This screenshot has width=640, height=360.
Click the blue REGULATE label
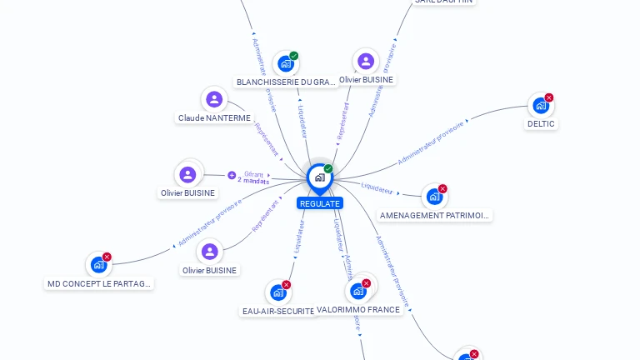tap(319, 203)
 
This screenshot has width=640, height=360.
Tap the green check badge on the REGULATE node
tap(328, 168)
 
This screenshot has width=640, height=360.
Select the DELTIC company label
tap(541, 123)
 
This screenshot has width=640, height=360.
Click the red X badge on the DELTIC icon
tap(549, 97)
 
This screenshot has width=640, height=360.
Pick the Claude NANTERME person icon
tap(214, 100)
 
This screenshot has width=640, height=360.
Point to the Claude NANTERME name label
tap(214, 118)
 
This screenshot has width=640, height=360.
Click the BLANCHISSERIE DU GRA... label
tap(286, 82)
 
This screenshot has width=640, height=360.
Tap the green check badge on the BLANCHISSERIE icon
tap(294, 56)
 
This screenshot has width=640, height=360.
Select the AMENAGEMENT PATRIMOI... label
tap(435, 215)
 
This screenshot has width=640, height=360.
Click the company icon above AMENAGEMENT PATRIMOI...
tap(433, 197)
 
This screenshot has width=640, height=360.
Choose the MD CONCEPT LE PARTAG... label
tap(99, 283)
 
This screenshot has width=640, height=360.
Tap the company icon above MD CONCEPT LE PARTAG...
tap(98, 265)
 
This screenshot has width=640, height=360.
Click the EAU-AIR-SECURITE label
tap(278, 311)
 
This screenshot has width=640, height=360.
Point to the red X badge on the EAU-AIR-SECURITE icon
tap(287, 284)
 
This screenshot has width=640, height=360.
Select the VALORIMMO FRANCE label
tap(358, 309)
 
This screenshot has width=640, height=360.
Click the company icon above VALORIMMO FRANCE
tap(357, 291)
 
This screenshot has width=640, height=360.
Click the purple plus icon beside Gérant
tap(232, 175)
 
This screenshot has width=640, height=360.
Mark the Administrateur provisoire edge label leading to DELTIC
tap(431, 142)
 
